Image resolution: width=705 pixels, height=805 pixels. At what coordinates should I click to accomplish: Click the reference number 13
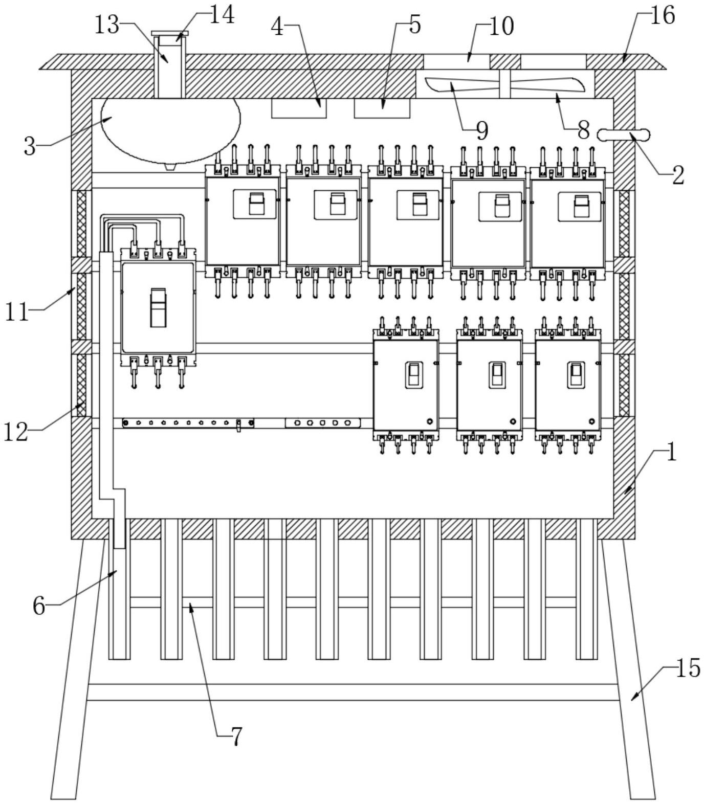tap(106, 25)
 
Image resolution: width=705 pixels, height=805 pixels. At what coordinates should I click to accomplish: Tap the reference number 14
tap(222, 15)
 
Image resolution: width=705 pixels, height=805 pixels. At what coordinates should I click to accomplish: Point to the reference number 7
tap(236, 737)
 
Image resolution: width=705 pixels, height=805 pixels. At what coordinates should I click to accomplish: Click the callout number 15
tap(688, 668)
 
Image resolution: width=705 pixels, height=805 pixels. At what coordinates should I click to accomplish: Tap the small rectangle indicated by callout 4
tap(299, 108)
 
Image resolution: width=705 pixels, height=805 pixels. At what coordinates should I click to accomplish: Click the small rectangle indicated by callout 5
tap(382, 108)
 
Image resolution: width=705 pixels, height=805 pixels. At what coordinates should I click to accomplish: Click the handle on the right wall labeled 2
tap(624, 135)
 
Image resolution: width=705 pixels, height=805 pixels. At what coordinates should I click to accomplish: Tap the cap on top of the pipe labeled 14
tap(170, 33)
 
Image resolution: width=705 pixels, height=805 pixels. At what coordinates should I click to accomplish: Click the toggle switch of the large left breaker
tap(158, 308)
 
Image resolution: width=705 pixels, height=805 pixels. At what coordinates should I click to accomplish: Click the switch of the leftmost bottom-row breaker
tap(414, 374)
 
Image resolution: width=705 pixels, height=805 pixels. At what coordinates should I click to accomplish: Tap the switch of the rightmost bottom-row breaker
tap(576, 374)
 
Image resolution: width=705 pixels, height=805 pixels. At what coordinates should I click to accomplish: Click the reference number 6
tap(39, 607)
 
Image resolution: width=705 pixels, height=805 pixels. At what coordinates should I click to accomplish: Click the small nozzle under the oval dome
tap(170, 166)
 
